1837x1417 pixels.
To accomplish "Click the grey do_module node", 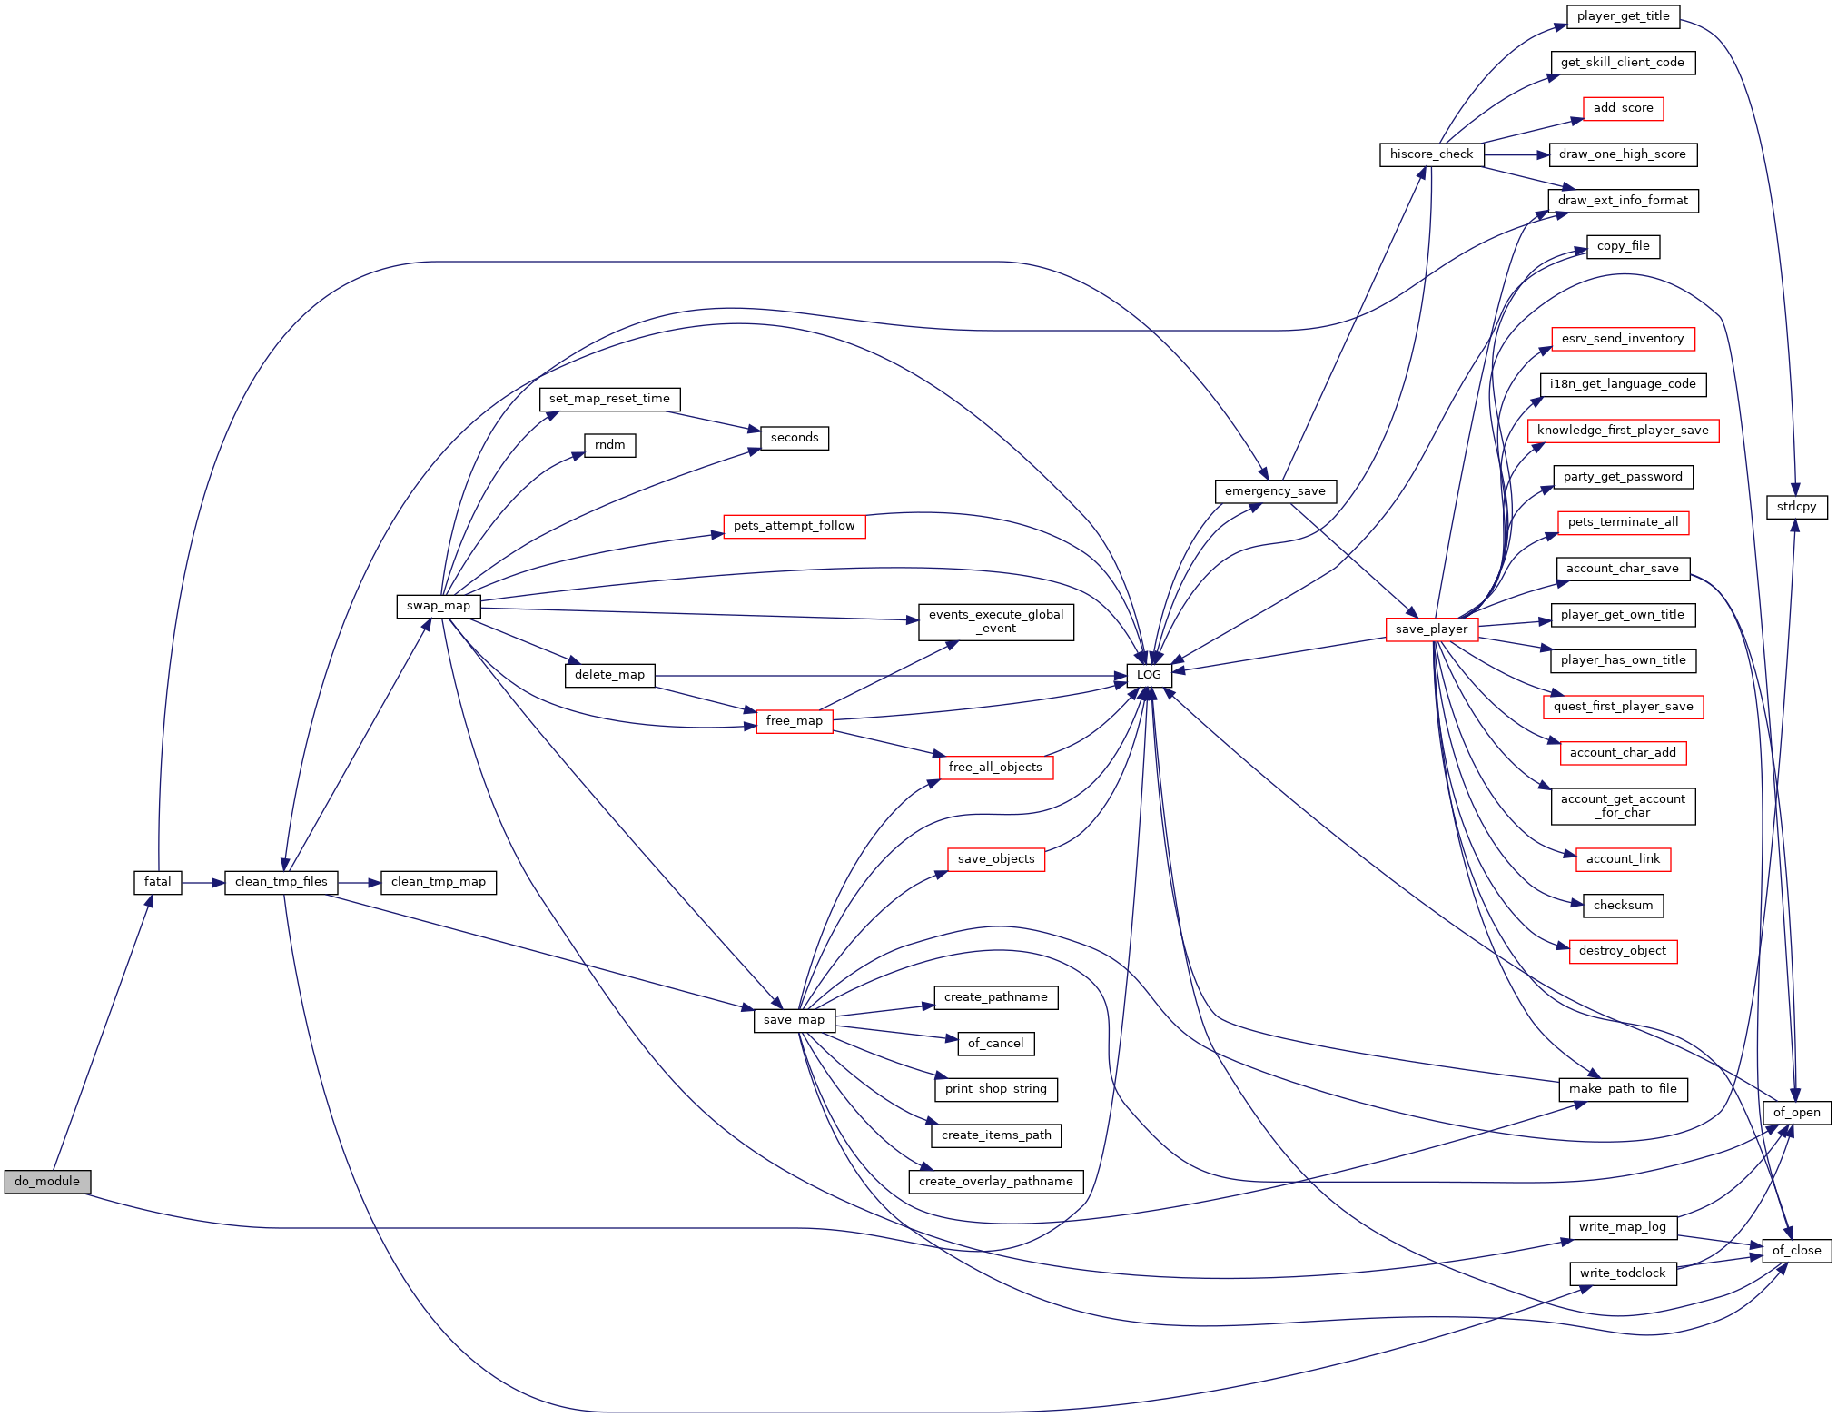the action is pyautogui.click(x=47, y=1182).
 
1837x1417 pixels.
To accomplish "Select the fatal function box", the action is pyautogui.click(x=158, y=882).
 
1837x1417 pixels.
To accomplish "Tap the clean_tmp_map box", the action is pyautogui.click(x=439, y=882).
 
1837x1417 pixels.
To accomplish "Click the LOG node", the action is pyautogui.click(x=1149, y=675).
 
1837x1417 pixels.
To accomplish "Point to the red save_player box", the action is pyautogui.click(x=1432, y=629).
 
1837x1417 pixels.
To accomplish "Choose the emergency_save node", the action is pyautogui.click(x=1275, y=491).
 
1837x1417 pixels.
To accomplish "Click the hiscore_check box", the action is pyautogui.click(x=1432, y=154).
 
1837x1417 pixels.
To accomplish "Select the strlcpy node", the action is pyautogui.click(x=1797, y=507).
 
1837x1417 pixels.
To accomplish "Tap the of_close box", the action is pyautogui.click(x=1797, y=1251).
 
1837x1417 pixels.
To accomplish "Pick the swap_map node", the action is pyautogui.click(x=439, y=606).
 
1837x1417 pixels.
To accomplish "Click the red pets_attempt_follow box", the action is pyautogui.click(x=795, y=526).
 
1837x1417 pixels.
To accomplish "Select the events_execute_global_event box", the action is pyautogui.click(x=996, y=622).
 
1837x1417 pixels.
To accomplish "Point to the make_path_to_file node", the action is pyautogui.click(x=1624, y=1089).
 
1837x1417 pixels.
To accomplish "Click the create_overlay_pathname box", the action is pyautogui.click(x=996, y=1182).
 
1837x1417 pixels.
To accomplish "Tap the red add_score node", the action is pyautogui.click(x=1624, y=108).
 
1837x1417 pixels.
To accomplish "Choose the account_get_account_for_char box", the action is pyautogui.click(x=1624, y=807).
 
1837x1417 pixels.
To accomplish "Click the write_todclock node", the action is pyautogui.click(x=1624, y=1273).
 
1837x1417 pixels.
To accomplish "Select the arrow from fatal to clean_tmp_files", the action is pyautogui.click(x=203, y=882).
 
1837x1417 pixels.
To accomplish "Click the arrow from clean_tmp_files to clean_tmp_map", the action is pyautogui.click(x=360, y=882).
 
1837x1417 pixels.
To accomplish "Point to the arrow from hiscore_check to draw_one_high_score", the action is pyautogui.click(x=1516, y=155).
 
